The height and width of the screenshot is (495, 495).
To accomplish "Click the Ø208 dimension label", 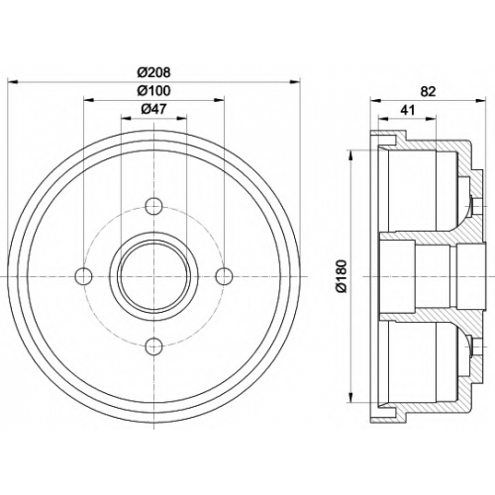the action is [x=154, y=72].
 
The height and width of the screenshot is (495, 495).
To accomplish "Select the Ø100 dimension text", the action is [x=154, y=90].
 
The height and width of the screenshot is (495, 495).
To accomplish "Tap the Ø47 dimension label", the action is [x=153, y=109].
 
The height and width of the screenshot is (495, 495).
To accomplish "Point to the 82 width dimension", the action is [x=429, y=91].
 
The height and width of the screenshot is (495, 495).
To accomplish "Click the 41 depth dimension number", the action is [x=407, y=110].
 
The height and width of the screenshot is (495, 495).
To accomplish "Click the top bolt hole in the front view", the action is [x=154, y=207].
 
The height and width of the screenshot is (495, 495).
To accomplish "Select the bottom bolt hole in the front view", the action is [x=154, y=346].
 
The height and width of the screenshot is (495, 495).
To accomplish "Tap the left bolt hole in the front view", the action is [x=84, y=276].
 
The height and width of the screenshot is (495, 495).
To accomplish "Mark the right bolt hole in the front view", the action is [x=224, y=276].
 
